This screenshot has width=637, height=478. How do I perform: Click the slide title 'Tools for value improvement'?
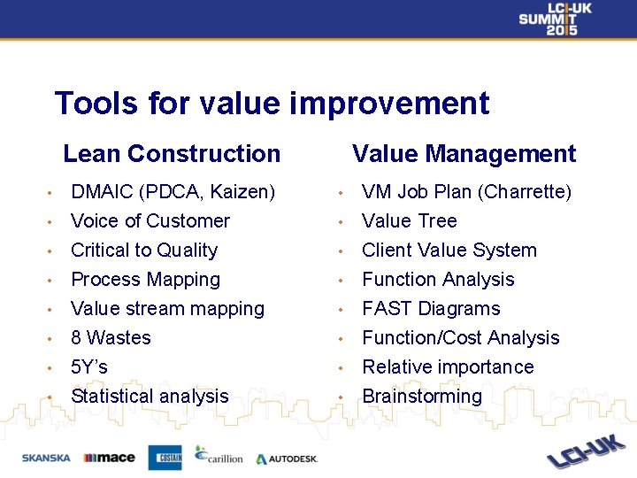tap(272, 104)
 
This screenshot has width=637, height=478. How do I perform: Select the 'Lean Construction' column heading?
tap(172, 153)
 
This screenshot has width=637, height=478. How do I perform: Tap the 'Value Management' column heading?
tap(464, 153)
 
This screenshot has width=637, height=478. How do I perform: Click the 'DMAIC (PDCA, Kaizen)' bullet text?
tap(173, 192)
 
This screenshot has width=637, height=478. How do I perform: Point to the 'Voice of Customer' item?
tap(150, 221)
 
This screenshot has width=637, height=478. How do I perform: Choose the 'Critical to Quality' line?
tap(143, 251)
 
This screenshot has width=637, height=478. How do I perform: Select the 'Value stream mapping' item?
tap(167, 309)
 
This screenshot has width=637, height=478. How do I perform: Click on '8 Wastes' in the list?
tap(111, 338)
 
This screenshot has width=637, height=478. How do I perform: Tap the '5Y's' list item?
tap(89, 367)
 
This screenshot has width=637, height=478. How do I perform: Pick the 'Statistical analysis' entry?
tap(150, 397)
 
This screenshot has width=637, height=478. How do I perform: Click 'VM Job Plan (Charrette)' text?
tap(466, 192)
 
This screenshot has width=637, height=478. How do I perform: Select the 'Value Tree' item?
tap(409, 221)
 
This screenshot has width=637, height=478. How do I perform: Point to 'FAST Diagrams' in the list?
tap(431, 309)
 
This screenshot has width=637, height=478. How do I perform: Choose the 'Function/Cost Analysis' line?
tap(460, 338)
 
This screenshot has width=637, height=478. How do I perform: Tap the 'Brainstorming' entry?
tap(422, 397)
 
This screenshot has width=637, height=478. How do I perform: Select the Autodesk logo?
tap(287, 459)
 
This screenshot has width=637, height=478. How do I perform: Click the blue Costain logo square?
tap(165, 458)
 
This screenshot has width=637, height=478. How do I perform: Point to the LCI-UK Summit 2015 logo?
tap(555, 19)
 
